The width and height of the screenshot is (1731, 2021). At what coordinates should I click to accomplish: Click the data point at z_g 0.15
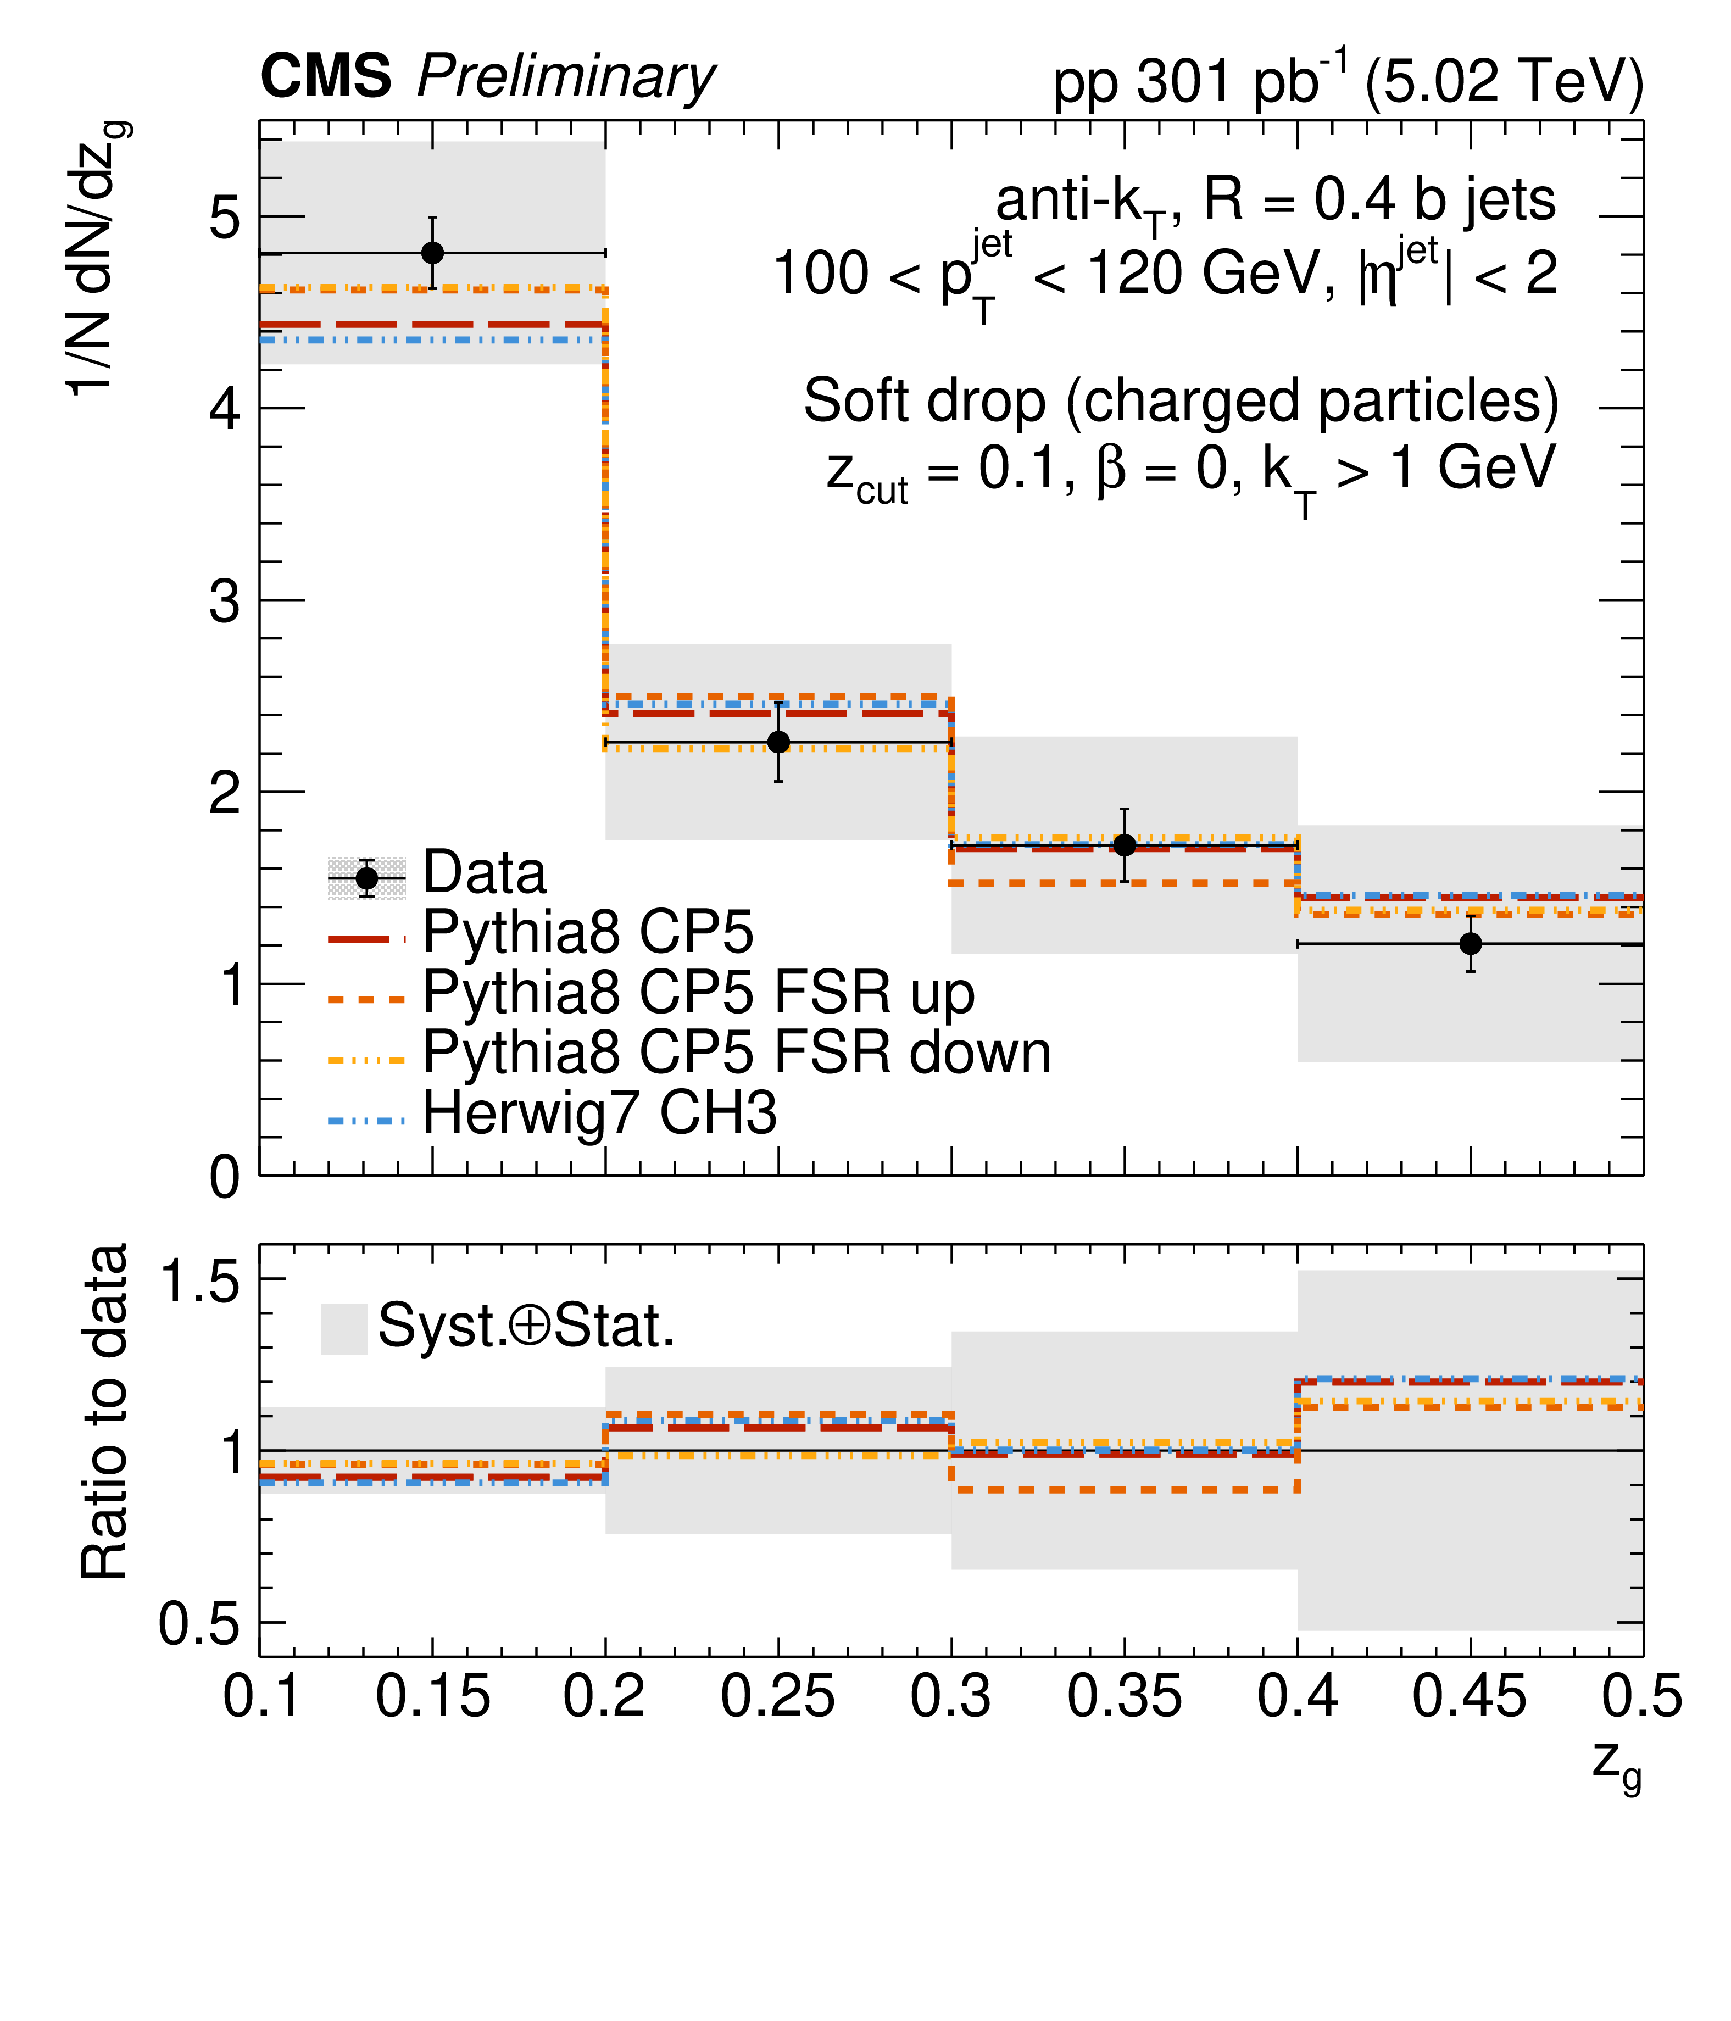click(432, 253)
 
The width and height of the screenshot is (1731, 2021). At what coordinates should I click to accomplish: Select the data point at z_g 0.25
click(778, 742)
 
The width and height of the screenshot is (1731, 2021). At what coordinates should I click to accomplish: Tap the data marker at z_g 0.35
click(1125, 845)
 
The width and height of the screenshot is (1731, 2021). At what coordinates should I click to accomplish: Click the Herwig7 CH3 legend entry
click(599, 1113)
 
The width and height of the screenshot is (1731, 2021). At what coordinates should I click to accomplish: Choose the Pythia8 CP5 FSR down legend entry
click(736, 1053)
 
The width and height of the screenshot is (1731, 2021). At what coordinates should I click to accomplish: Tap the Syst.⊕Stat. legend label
click(527, 1326)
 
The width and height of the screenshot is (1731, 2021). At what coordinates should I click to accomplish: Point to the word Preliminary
click(566, 78)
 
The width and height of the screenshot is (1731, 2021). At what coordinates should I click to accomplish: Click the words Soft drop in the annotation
click(925, 401)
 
